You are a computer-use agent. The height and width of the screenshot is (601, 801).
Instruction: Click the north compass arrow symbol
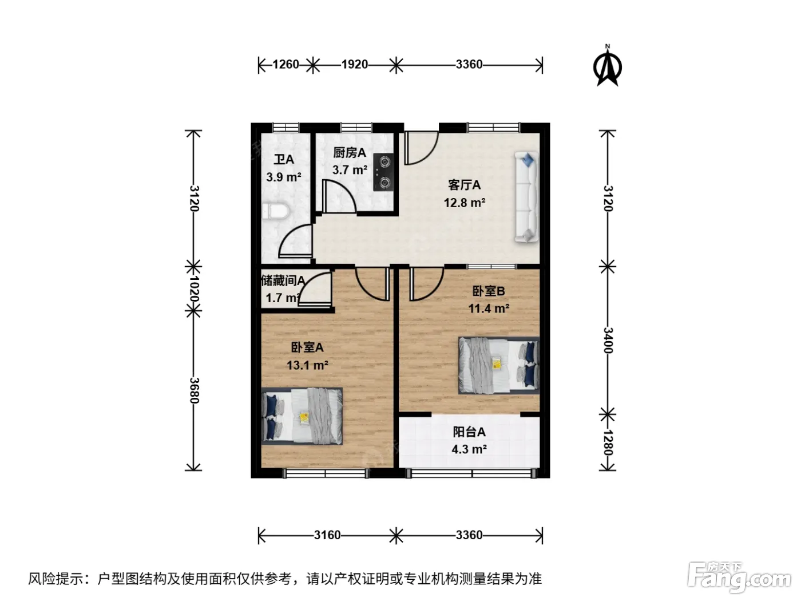click(x=607, y=66)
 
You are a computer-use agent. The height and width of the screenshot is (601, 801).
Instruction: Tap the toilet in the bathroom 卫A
click(x=276, y=211)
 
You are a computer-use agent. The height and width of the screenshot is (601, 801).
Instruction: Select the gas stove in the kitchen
click(x=383, y=172)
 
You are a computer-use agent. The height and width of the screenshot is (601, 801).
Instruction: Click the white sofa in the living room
click(x=526, y=197)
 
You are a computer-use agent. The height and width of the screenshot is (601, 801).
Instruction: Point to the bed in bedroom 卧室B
click(x=499, y=365)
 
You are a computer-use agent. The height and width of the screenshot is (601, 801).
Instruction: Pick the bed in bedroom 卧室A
click(x=302, y=416)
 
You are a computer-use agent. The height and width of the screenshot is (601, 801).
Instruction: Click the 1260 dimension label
click(x=285, y=65)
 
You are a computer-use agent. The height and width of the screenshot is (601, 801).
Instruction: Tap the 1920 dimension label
click(x=354, y=65)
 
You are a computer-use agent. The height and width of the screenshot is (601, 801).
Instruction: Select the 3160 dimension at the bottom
click(x=327, y=535)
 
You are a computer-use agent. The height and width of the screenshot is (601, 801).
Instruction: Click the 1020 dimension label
click(x=194, y=288)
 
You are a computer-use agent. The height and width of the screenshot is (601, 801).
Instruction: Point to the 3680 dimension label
click(x=194, y=390)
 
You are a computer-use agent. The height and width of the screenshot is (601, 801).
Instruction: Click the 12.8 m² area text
click(x=464, y=203)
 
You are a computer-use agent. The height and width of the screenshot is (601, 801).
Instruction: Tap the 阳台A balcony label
click(x=469, y=432)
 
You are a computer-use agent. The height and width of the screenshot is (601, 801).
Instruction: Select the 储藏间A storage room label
click(x=283, y=280)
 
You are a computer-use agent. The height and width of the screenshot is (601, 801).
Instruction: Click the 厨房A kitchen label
click(x=349, y=152)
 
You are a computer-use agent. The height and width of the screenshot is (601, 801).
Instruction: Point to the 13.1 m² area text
click(x=307, y=365)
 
